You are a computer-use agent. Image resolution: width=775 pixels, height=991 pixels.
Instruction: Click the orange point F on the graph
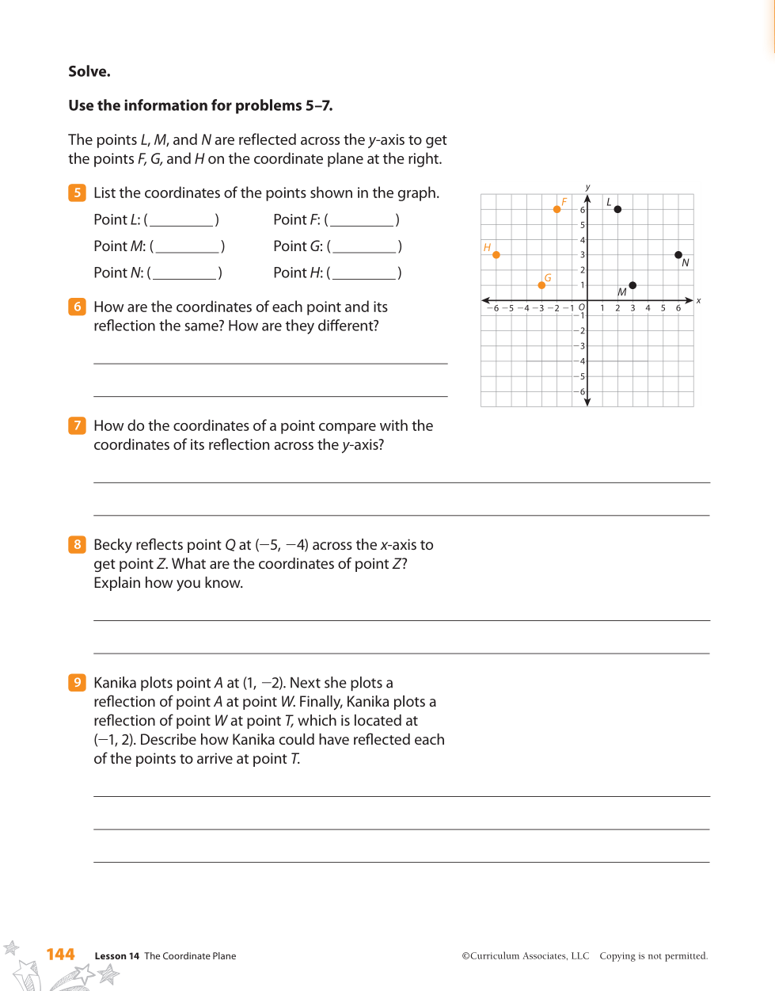tap(557, 209)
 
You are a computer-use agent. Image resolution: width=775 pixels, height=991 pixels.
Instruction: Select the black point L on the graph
tap(617, 209)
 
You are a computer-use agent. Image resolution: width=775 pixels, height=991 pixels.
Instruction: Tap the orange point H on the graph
tap(496, 255)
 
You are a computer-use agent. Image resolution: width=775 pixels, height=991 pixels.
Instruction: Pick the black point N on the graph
tap(678, 255)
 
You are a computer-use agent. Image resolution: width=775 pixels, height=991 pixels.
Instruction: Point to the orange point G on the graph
tap(541, 285)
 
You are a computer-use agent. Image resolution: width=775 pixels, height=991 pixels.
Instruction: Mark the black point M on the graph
tap(633, 285)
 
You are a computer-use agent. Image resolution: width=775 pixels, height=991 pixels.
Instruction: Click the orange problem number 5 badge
tap(77, 192)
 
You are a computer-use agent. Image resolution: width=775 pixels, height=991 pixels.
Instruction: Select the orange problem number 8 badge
tap(77, 544)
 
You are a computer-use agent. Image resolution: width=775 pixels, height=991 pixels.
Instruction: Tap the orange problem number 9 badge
tap(77, 682)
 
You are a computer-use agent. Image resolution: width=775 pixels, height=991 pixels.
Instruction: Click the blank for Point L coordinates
tap(182, 220)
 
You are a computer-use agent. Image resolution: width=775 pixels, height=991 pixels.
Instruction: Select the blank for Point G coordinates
tap(364, 247)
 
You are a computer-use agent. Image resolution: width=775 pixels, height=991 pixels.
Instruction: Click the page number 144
tap(60, 955)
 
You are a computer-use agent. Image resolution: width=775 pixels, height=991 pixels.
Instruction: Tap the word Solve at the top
tap(89, 71)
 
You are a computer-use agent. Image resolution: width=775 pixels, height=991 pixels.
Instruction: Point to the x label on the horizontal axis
tap(698, 300)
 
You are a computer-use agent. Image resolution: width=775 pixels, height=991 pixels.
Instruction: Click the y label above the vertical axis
tap(587, 188)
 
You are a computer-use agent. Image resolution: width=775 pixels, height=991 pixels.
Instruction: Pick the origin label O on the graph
tap(582, 307)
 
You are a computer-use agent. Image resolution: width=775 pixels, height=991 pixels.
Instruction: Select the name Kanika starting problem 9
tap(115, 683)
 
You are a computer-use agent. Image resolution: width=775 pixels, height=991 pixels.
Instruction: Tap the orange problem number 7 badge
tap(77, 425)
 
